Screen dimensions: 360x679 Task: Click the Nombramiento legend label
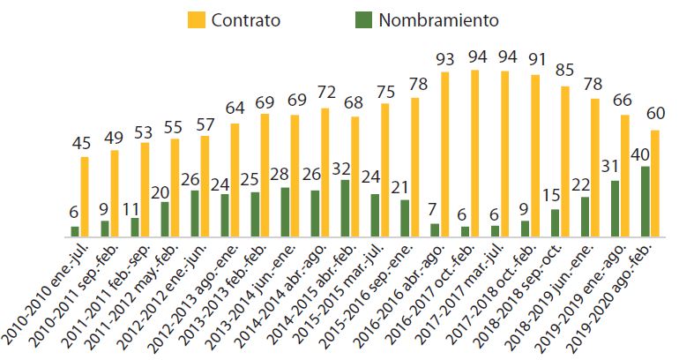tap(438, 19)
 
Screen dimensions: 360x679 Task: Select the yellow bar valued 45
tap(85, 197)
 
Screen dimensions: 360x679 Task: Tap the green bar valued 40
tap(645, 201)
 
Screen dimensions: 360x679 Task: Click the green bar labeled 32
tap(346, 208)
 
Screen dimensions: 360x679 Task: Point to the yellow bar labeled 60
tap(655, 184)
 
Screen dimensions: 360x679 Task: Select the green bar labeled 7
tap(435, 229)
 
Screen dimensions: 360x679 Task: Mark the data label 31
tap(614, 164)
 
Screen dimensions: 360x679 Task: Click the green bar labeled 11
tap(135, 227)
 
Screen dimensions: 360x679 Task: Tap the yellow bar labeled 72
tap(325, 172)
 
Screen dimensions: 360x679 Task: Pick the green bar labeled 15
tap(555, 222)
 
